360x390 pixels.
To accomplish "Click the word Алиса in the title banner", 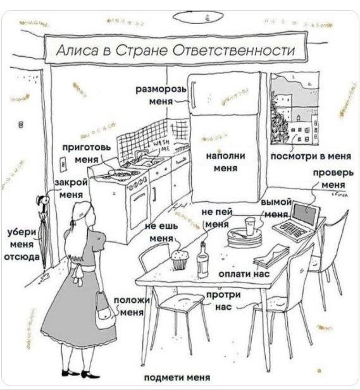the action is [77, 50].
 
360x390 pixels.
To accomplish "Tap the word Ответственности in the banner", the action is [233, 50].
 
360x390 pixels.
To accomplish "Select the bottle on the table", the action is [202, 260].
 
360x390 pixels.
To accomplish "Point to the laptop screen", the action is [306, 213].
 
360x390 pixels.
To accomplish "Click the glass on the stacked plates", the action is [250, 226].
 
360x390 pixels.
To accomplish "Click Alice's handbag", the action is [105, 311].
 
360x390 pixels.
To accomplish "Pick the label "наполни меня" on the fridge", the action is [226, 162].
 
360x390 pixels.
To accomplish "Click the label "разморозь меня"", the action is [161, 95].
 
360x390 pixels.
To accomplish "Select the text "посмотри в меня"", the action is [311, 157].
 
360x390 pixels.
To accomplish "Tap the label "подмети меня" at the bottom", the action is [177, 377].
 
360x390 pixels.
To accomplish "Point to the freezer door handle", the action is [193, 95].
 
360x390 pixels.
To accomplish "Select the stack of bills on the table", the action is [271, 256].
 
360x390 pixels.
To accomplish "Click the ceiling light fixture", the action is [197, 16].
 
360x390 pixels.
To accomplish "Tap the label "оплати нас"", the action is [244, 274].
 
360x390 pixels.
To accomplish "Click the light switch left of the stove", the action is [63, 164].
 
